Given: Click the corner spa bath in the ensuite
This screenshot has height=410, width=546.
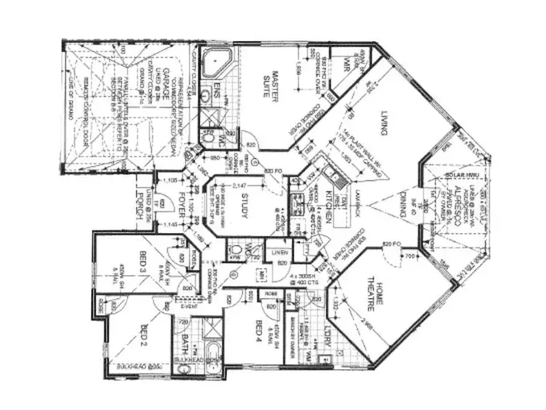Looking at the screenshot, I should coord(215,64).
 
